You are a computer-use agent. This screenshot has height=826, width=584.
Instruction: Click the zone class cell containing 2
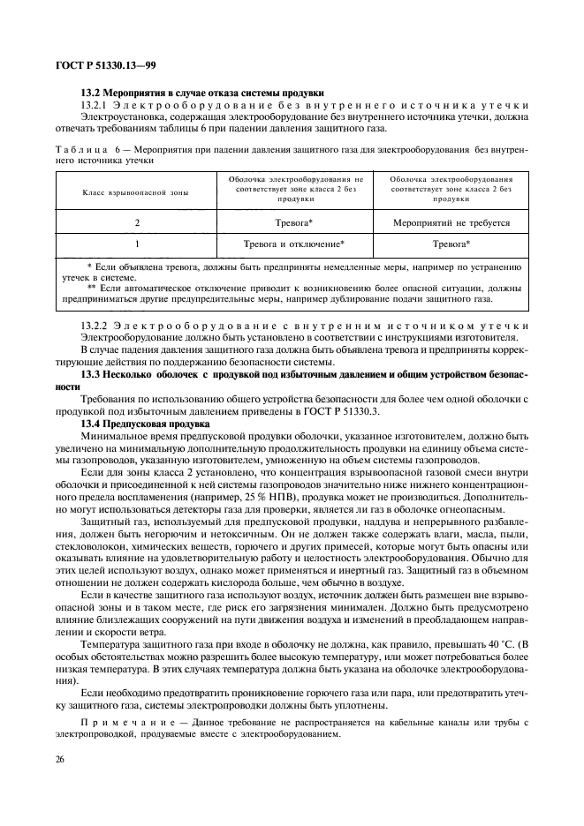[x=137, y=223]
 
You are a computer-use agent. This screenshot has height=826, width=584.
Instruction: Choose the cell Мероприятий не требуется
[x=451, y=223]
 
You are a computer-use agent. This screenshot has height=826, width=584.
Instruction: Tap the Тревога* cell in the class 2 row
[x=293, y=223]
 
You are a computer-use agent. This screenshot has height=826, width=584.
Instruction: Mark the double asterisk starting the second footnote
[x=91, y=288]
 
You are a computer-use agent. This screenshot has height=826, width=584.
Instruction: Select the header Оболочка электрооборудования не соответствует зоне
[x=293, y=188]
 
